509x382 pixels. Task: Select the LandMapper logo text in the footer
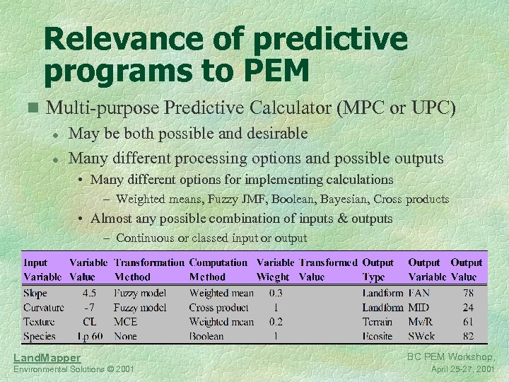[47, 358]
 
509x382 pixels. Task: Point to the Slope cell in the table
[35, 293]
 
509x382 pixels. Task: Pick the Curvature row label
[43, 308]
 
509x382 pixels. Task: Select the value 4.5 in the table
[90, 293]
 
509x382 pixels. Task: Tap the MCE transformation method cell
[125, 322]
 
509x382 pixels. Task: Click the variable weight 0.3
[275, 293]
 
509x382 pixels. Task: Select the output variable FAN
[419, 293]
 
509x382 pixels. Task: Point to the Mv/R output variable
[421, 322]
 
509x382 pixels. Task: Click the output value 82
[468, 337]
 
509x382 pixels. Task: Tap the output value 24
[468, 308]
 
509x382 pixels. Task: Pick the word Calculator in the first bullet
[286, 108]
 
